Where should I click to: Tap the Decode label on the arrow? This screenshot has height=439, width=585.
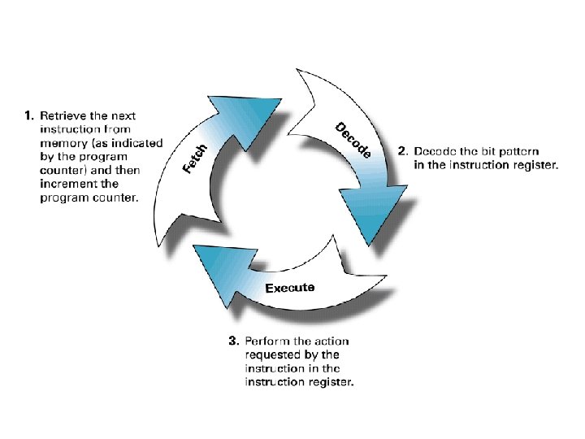click(x=353, y=140)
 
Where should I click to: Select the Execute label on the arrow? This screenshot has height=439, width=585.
click(x=290, y=289)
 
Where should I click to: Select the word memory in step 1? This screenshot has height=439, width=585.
click(x=62, y=142)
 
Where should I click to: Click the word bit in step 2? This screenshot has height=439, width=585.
click(x=484, y=152)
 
